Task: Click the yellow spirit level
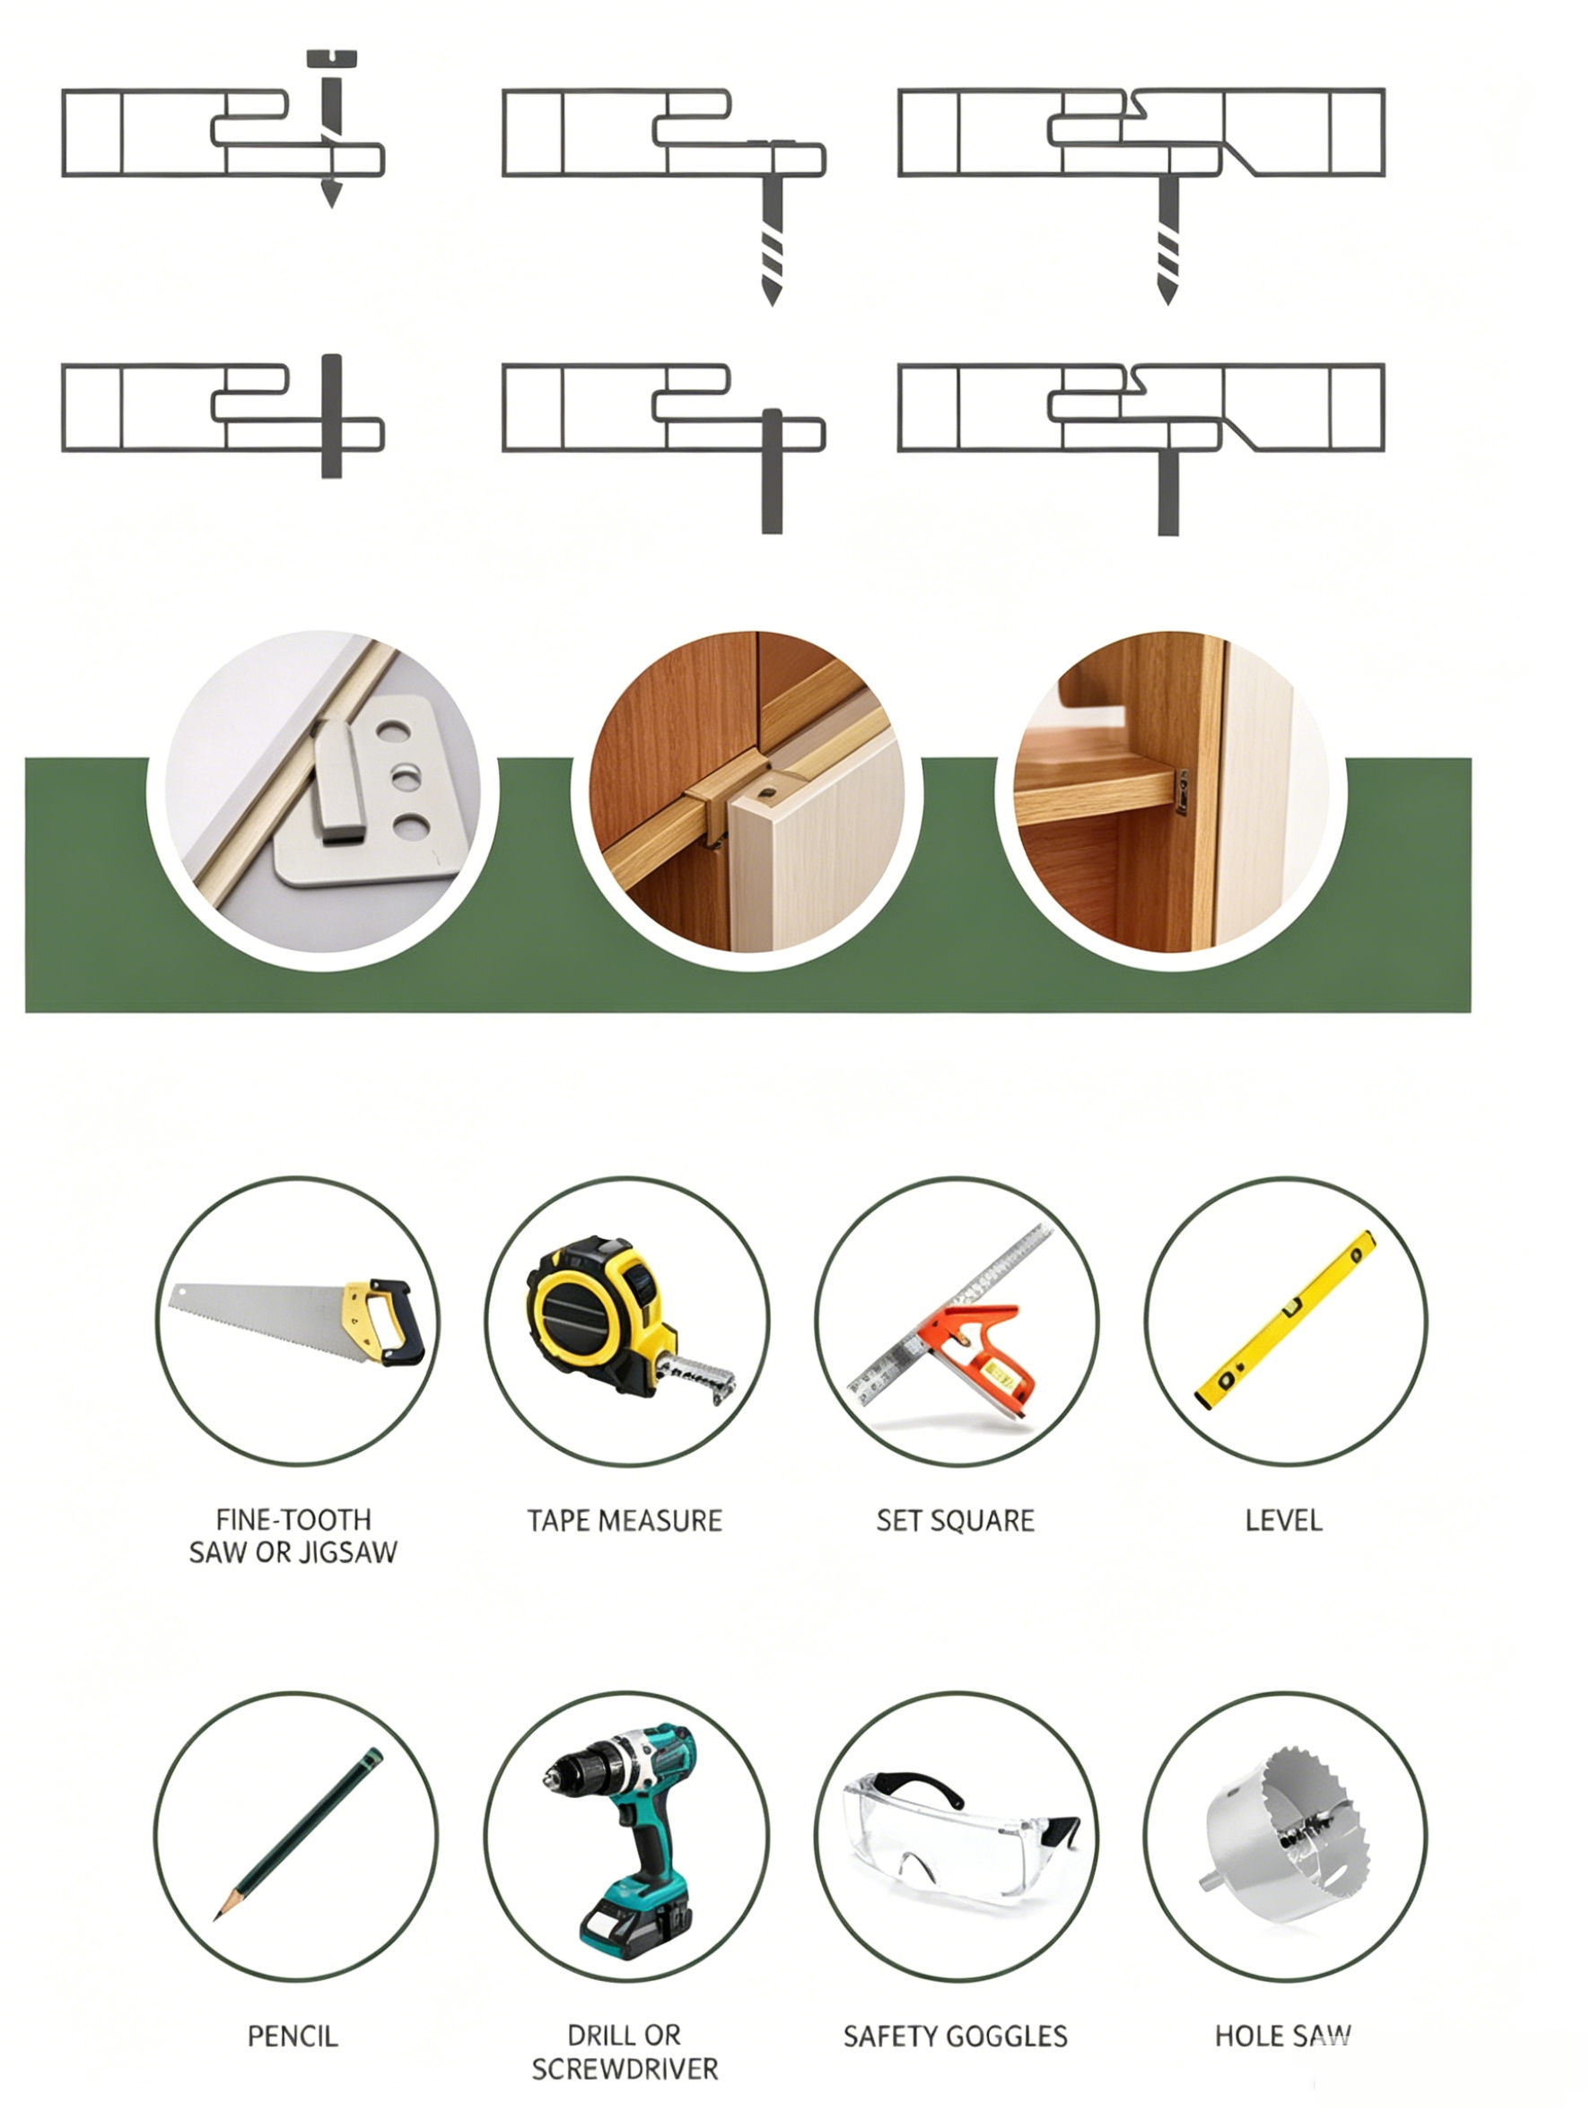1285,1320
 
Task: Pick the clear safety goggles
960,1833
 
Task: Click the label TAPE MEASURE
625,1521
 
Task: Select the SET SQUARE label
955,1521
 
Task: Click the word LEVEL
1283,1521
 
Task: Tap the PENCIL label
293,2037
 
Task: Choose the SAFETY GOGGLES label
955,2037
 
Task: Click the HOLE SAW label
1283,2037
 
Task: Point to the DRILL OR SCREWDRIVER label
625,2053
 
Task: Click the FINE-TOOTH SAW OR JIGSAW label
293,1536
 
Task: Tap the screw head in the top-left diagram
331,58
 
